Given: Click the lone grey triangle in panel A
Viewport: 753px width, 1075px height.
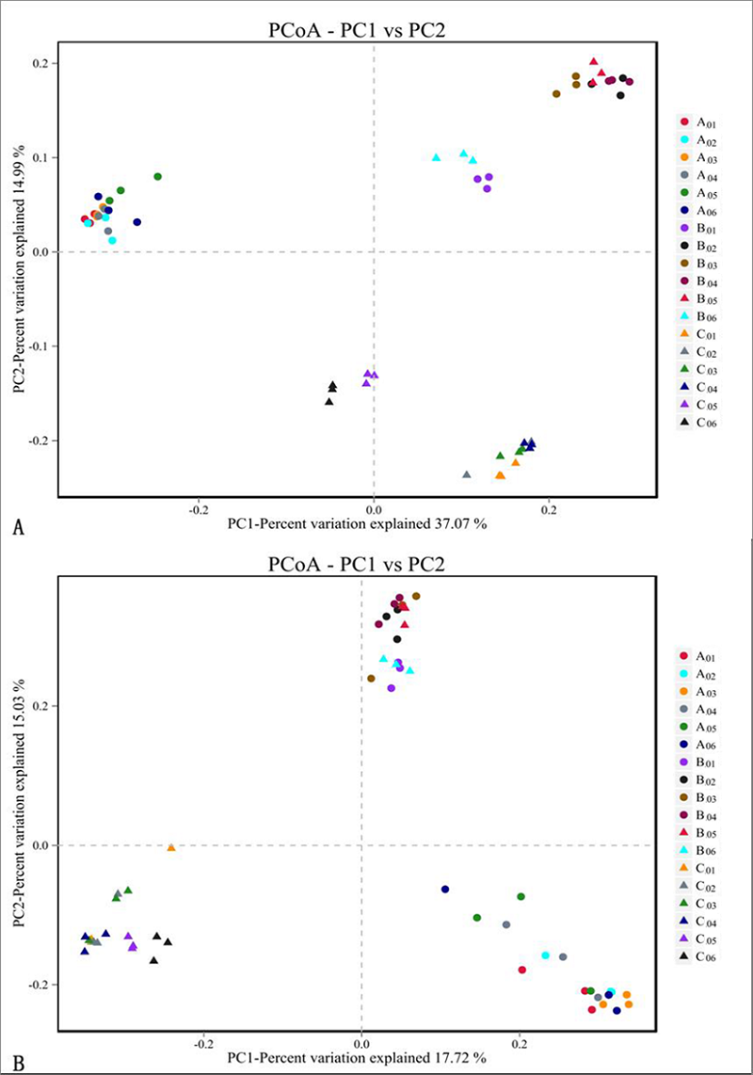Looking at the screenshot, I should point(467,474).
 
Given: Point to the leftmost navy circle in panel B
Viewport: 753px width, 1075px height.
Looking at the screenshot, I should point(445,889).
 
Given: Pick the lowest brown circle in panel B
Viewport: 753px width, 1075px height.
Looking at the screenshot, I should point(371,678).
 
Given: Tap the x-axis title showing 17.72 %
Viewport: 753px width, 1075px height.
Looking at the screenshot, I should point(357,1058).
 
